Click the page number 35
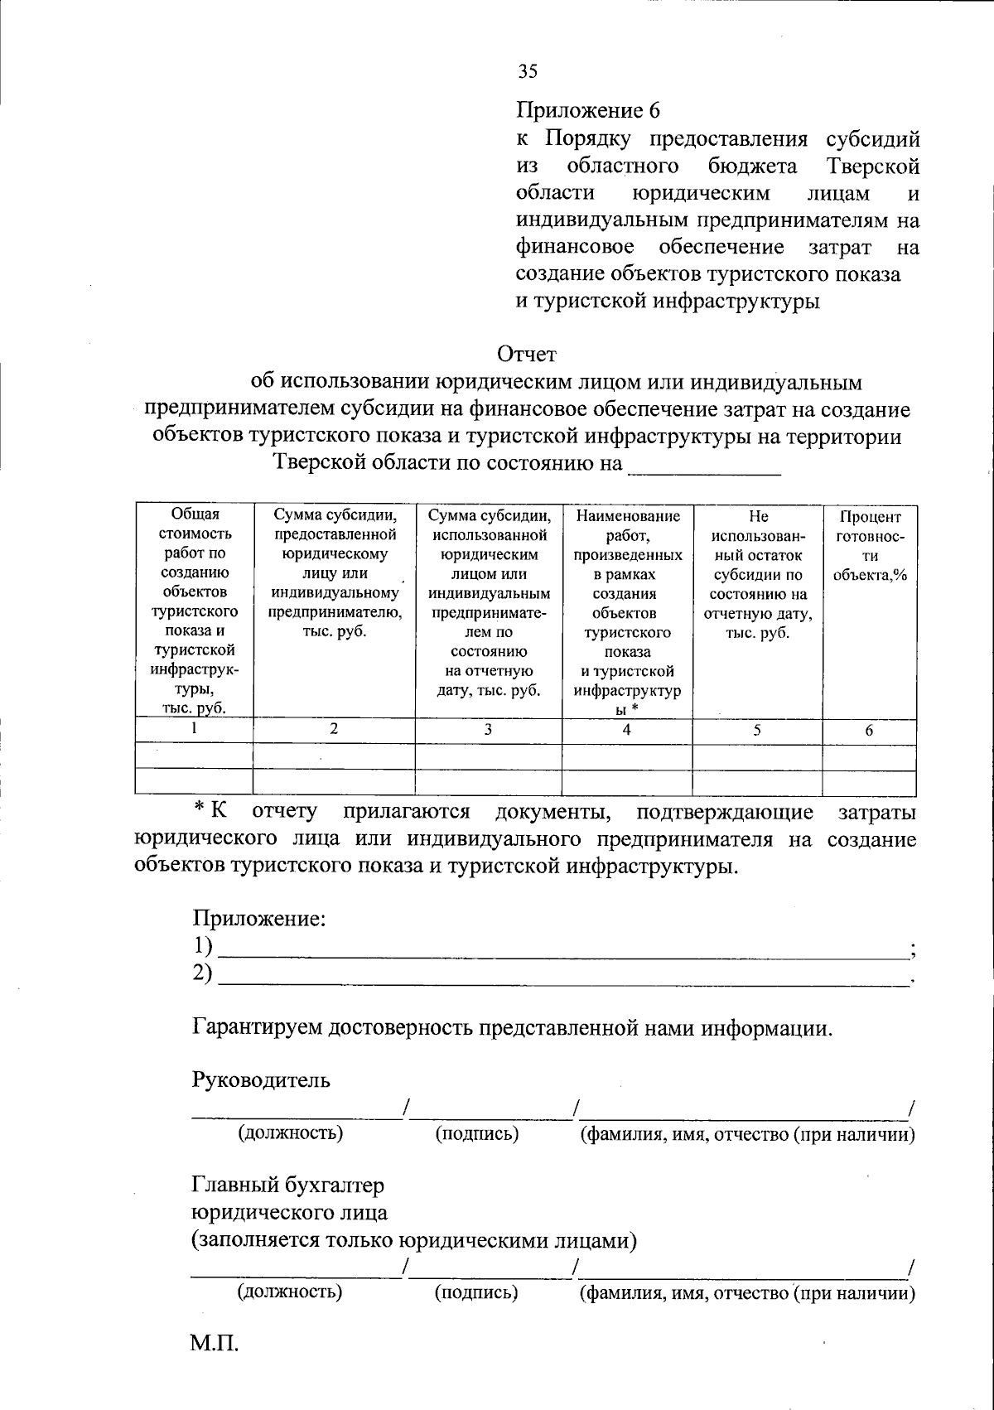528,71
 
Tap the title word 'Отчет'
527,355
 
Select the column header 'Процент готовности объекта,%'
869,546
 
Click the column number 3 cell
488,730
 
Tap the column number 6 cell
869,731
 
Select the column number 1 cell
195,729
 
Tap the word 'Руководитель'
262,1080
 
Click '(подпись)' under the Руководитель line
477,1134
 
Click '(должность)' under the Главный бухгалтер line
290,1291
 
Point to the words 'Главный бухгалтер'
288,1185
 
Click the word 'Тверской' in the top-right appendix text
873,167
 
